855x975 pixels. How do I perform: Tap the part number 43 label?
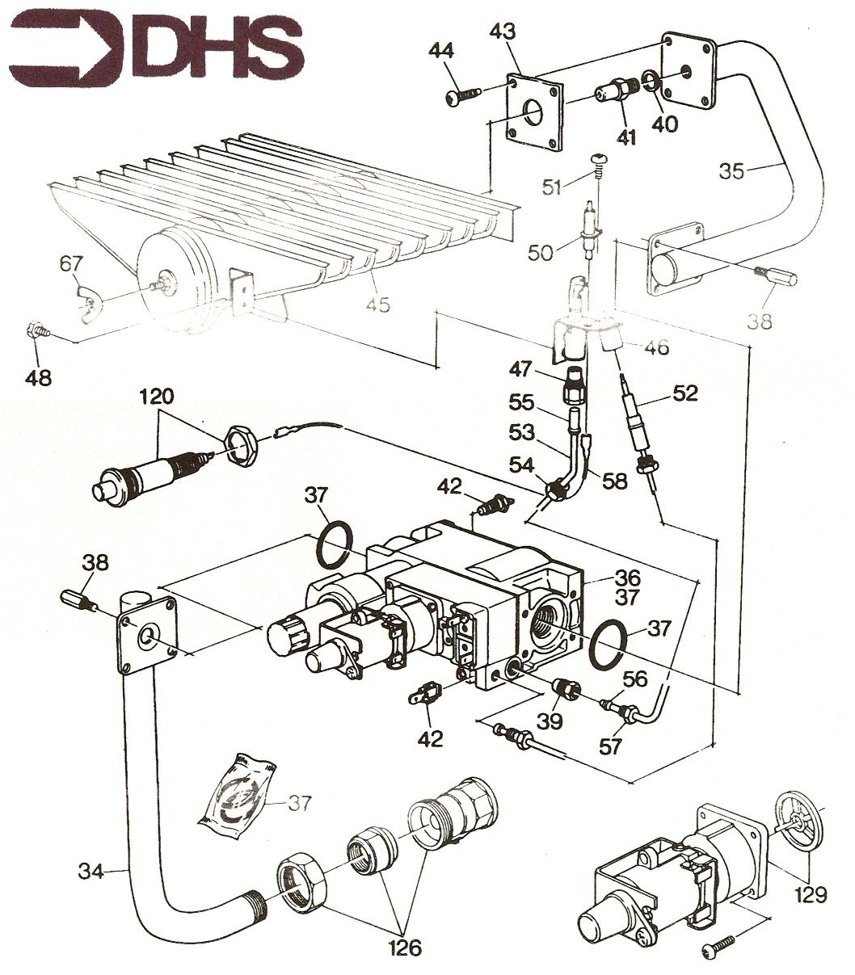click(503, 32)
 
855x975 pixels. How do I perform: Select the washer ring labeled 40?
click(651, 82)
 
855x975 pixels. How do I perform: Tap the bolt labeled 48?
click(36, 331)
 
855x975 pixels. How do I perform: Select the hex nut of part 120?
click(240, 443)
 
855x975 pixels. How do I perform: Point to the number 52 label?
click(685, 393)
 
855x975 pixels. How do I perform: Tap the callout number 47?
click(520, 369)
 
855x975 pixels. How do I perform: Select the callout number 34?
click(91, 871)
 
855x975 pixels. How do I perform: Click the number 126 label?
click(405, 946)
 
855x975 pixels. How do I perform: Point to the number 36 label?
click(628, 577)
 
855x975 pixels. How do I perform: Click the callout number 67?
click(71, 263)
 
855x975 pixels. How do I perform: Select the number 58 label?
click(615, 481)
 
